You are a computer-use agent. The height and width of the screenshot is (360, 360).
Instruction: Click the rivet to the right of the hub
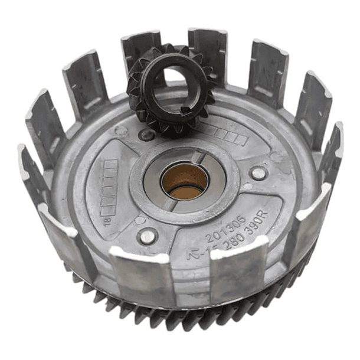point(257,173)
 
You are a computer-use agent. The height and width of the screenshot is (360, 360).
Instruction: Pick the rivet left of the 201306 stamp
point(148,236)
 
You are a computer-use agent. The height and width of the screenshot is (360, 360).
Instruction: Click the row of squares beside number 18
point(110,183)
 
